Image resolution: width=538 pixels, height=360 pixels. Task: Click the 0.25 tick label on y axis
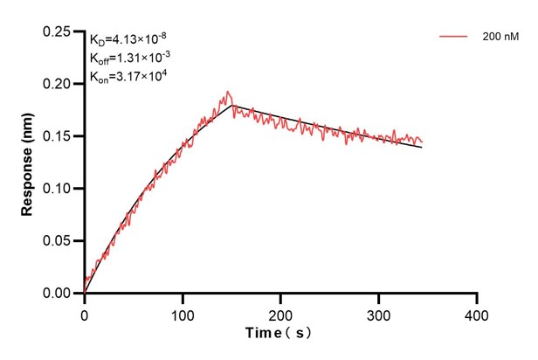59,31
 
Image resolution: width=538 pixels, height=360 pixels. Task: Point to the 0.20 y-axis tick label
59,84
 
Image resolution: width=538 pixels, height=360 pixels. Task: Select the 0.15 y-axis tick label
59,136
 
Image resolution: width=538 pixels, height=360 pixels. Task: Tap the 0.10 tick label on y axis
59,189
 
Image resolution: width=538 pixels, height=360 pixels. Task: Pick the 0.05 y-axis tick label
59,241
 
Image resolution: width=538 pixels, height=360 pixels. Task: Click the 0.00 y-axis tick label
59,294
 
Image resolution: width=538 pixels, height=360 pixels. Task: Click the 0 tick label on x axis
85,312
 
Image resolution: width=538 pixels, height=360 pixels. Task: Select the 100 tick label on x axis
183,312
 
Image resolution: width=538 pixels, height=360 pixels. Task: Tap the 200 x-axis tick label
280,312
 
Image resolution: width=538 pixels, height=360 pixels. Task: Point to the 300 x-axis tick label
378,312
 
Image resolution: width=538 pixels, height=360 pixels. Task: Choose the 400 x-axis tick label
476,312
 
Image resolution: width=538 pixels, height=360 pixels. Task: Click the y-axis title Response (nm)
27,162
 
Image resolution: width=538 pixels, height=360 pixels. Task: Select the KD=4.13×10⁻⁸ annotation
129,39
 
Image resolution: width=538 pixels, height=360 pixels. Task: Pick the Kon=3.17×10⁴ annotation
129,76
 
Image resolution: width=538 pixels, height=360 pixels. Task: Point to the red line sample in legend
455,38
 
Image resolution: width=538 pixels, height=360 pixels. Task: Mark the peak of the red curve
228,91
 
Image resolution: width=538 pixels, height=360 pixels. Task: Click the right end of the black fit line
422,147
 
